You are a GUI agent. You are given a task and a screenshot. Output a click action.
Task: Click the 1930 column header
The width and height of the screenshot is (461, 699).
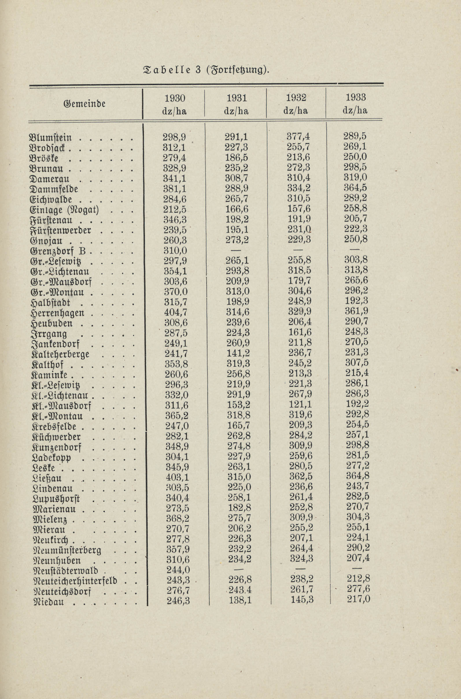pyautogui.click(x=175, y=98)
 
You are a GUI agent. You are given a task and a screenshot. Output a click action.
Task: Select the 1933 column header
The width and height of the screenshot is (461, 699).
pyautogui.click(x=356, y=97)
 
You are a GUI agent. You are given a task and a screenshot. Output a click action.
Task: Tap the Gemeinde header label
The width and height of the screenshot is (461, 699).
pyautogui.click(x=84, y=104)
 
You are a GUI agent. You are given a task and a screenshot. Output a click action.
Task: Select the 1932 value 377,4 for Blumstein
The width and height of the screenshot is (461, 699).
pyautogui.click(x=298, y=136)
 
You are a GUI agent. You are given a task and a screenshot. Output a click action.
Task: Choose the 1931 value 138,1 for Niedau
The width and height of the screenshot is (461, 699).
pyautogui.click(x=240, y=600)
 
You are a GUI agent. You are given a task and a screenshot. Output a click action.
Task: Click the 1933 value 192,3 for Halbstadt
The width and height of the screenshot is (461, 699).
pyautogui.click(x=357, y=301)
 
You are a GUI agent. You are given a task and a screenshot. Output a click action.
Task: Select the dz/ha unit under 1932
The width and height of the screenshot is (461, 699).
pyautogui.click(x=296, y=111)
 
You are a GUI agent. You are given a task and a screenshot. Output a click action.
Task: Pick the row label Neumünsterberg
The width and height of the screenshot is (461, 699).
pyautogui.click(x=68, y=550)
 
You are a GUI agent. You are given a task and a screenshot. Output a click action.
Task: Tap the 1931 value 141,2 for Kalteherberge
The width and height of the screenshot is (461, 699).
pyautogui.click(x=238, y=353)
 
